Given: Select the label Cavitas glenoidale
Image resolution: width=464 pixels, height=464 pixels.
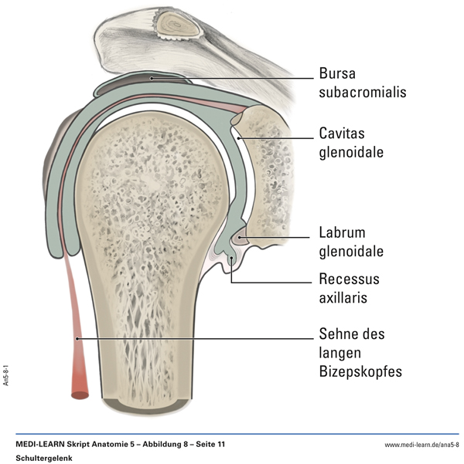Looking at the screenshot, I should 351,143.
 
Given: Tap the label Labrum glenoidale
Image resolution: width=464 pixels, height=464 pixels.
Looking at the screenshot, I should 352,242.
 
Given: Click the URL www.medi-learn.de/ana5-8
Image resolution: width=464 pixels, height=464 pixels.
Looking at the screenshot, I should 422,445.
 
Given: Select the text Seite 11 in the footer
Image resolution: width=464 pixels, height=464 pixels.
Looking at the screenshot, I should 210,445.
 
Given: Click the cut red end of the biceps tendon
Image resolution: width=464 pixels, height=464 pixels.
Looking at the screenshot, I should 80,395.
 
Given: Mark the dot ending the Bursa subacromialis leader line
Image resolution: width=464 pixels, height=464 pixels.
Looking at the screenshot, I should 152,77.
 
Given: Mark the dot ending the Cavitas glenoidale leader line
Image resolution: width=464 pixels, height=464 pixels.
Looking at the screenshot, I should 239,138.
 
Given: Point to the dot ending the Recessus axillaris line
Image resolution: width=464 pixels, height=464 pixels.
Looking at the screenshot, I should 231,260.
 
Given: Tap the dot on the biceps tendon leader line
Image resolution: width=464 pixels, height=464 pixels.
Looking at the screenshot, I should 77,337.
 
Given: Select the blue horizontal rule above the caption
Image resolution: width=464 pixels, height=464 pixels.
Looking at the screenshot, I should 232,434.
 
